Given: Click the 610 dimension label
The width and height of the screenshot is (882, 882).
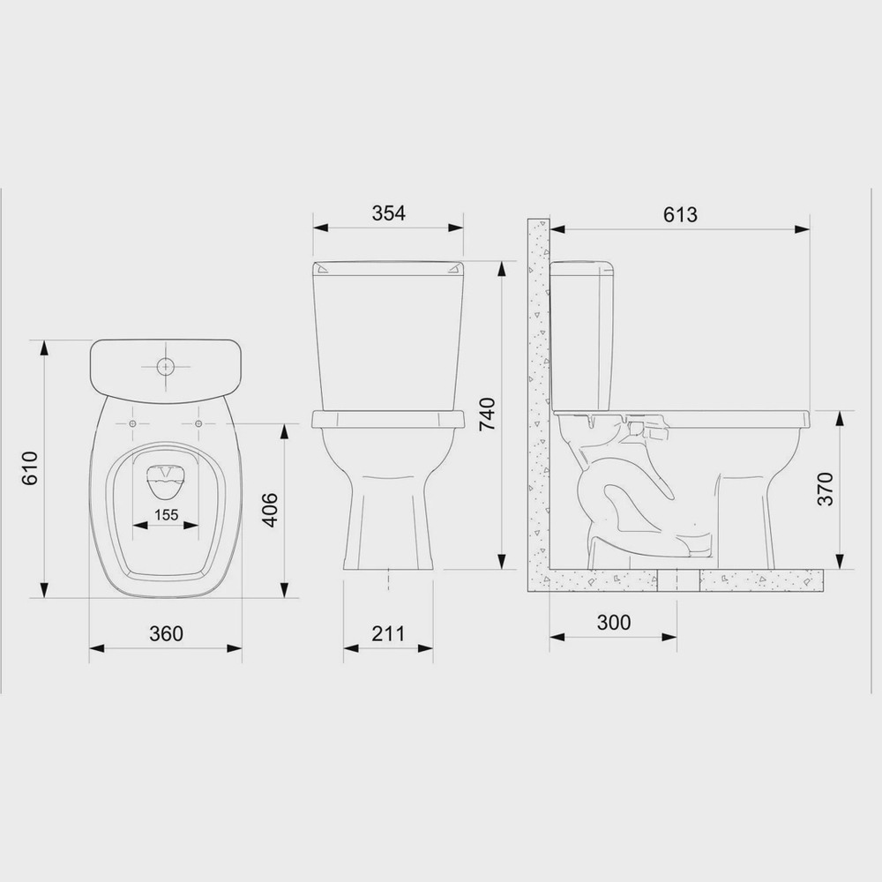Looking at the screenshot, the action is pyautogui.click(x=29, y=468).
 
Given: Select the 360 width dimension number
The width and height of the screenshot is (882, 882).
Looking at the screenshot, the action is pyautogui.click(x=166, y=633).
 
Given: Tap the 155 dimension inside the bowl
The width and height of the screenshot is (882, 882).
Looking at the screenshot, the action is pyautogui.click(x=166, y=514).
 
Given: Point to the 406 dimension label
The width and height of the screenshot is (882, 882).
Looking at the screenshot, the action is pyautogui.click(x=271, y=510).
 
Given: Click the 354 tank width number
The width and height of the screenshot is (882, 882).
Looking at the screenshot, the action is pyautogui.click(x=388, y=213).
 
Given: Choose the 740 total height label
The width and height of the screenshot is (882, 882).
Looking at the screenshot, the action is pyautogui.click(x=487, y=414).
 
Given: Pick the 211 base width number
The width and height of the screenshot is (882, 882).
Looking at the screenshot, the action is pyautogui.click(x=387, y=633).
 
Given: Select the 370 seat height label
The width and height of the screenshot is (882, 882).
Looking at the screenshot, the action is pyautogui.click(x=825, y=489).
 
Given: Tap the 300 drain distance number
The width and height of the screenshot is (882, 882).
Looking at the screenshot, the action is pyautogui.click(x=613, y=622).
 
